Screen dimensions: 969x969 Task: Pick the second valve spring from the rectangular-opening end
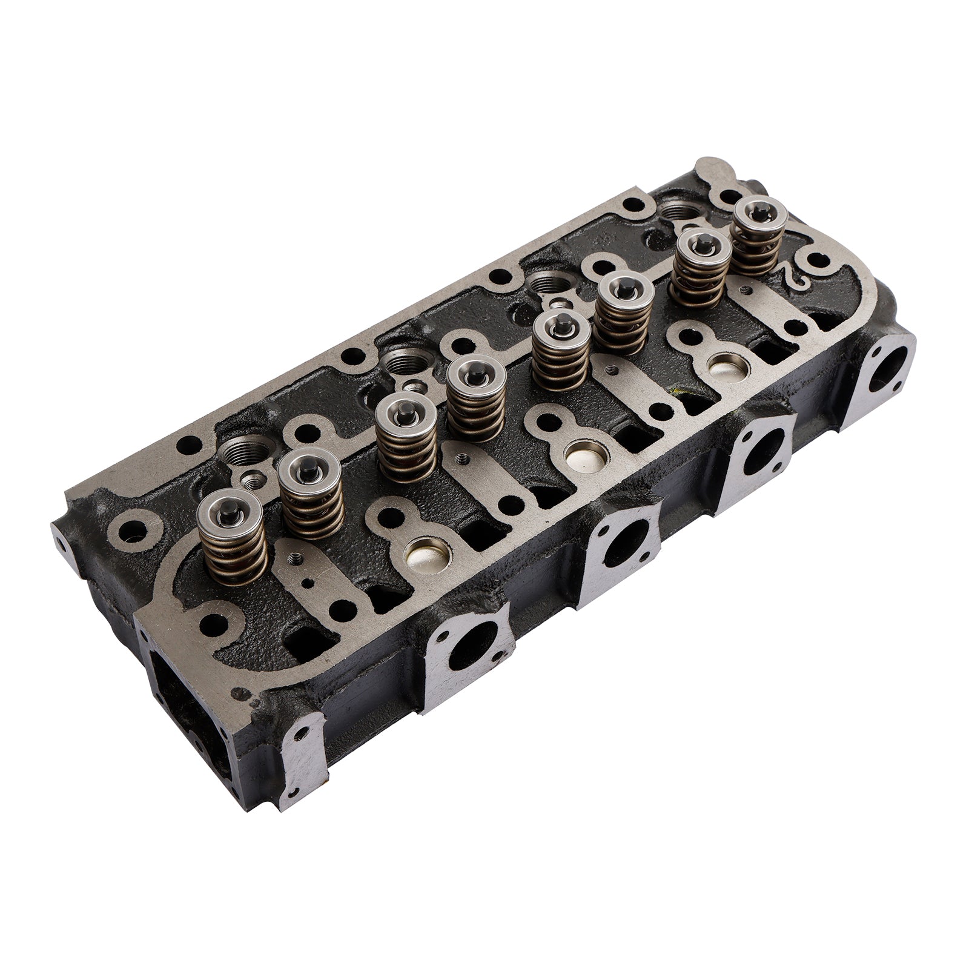coord(312,497)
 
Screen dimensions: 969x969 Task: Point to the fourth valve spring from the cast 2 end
coord(561,351)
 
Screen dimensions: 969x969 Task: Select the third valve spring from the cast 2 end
coord(623,312)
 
